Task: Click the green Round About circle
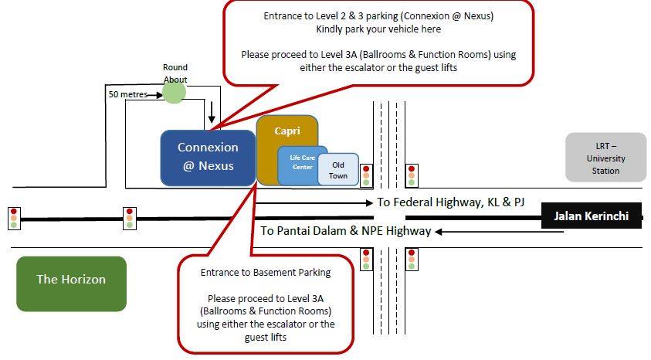point(175,93)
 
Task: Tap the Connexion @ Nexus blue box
point(208,157)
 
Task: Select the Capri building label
point(287,131)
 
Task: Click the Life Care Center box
point(300,161)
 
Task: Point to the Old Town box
point(338,170)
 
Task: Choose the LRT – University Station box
point(605,158)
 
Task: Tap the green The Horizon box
point(71,279)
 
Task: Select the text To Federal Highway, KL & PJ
point(450,202)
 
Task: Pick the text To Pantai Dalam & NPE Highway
point(345,230)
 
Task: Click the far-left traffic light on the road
point(13,219)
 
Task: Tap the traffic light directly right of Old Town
point(366,176)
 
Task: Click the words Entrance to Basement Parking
point(266,272)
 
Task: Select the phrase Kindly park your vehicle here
point(378,29)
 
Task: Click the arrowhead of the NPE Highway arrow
point(439,231)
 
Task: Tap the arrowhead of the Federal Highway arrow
point(370,203)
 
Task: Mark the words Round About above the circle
point(175,73)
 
